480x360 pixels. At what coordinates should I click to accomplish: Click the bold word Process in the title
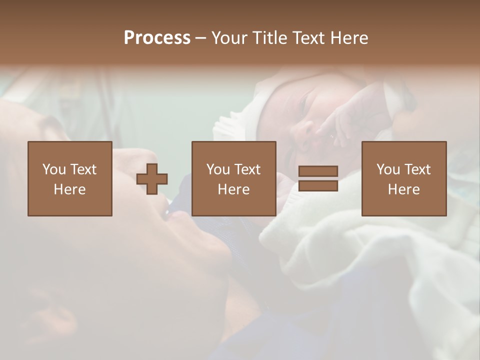tap(157, 38)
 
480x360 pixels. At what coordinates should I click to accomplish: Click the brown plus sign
tap(152, 178)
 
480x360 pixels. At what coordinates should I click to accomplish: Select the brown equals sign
tap(318, 178)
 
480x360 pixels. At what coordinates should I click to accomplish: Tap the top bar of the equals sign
tap(318, 171)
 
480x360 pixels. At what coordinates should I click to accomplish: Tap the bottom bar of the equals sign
tap(318, 185)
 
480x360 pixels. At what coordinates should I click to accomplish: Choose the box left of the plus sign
tap(69, 178)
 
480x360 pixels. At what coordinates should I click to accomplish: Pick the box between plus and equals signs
tap(233, 178)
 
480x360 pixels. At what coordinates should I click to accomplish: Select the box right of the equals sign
tap(403, 178)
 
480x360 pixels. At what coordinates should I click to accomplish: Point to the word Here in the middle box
tap(233, 189)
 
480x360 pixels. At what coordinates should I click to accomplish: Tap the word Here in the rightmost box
tap(403, 189)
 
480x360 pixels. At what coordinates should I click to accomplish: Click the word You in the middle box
tap(218, 169)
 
